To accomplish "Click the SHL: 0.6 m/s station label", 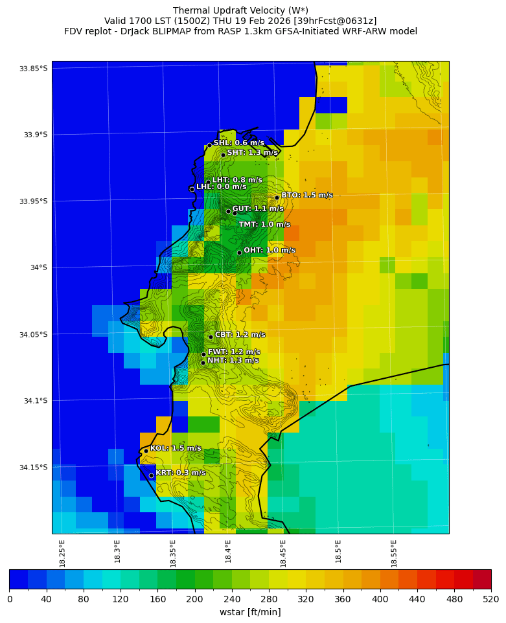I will tap(238, 142).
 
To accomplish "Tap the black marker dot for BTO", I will tap(277, 198).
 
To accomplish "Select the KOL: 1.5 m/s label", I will tap(176, 448).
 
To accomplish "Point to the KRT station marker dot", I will tap(151, 475).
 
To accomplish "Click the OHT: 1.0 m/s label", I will tap(269, 250).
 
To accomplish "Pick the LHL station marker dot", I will tap(192, 189).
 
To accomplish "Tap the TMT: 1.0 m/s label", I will tap(264, 225).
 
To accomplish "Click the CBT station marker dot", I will tap(211, 337).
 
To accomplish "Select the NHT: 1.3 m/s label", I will tap(233, 360).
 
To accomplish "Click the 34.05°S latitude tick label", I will tap(34, 334).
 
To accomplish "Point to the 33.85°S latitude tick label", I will tap(34, 69).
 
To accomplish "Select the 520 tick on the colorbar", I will tap(490, 600).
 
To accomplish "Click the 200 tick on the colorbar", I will tap(194, 600).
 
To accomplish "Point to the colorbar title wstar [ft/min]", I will tap(250, 612).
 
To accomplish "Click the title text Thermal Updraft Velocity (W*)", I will tap(240, 10).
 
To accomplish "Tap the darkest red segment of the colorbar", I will tap(481, 579).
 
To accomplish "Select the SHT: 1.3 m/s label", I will tap(252, 153).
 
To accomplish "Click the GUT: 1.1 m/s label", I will tap(258, 209).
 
